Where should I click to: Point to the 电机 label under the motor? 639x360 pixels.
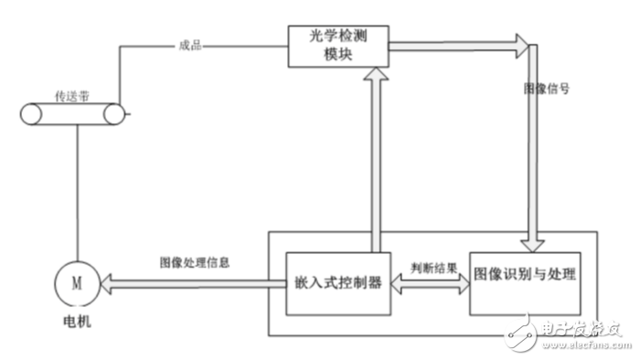(78, 323)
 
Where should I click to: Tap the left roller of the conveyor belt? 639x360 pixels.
(34, 114)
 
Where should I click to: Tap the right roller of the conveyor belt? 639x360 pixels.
(113, 114)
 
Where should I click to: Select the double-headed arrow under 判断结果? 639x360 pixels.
(431, 284)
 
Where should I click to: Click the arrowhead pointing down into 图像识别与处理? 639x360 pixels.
(533, 242)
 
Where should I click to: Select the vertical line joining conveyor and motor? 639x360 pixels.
(77, 192)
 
